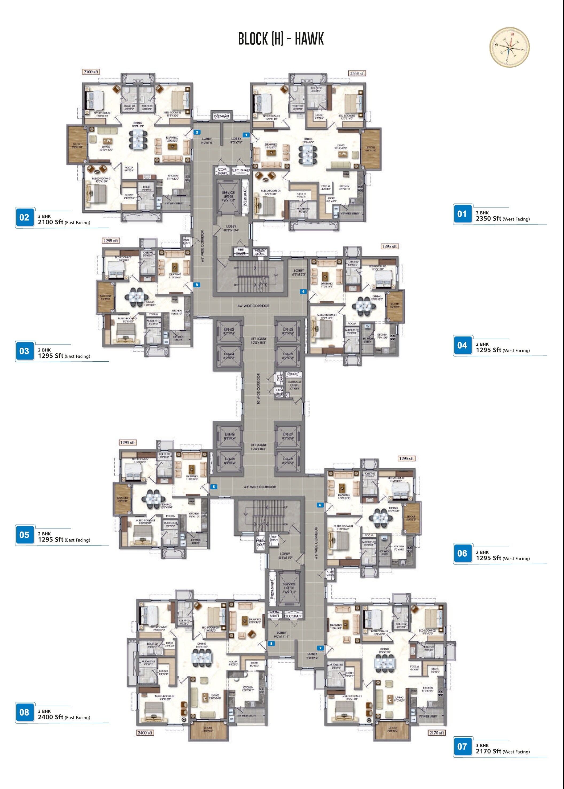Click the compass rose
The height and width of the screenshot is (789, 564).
[x=509, y=47]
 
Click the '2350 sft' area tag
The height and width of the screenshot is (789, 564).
[x=357, y=73]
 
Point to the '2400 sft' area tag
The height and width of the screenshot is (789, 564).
[x=145, y=732]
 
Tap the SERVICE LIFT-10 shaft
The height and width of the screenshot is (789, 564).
[x=289, y=588]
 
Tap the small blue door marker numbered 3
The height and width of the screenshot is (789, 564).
[x=197, y=285]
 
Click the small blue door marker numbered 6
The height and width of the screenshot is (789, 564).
[x=320, y=505]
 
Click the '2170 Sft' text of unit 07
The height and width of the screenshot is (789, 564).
[x=488, y=751]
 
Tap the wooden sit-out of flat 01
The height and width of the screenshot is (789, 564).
[x=371, y=149]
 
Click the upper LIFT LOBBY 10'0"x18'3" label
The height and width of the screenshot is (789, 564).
[x=258, y=340]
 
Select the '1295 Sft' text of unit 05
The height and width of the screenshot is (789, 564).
[x=51, y=539]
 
